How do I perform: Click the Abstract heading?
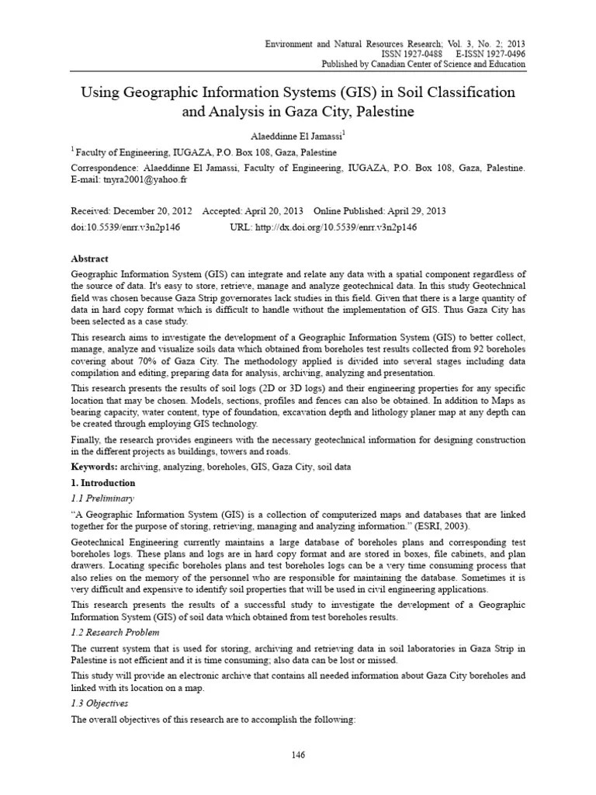coord(90,259)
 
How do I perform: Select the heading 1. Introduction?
coord(102,482)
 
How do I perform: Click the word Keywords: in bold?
coord(94,467)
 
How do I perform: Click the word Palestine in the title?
coord(376,112)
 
